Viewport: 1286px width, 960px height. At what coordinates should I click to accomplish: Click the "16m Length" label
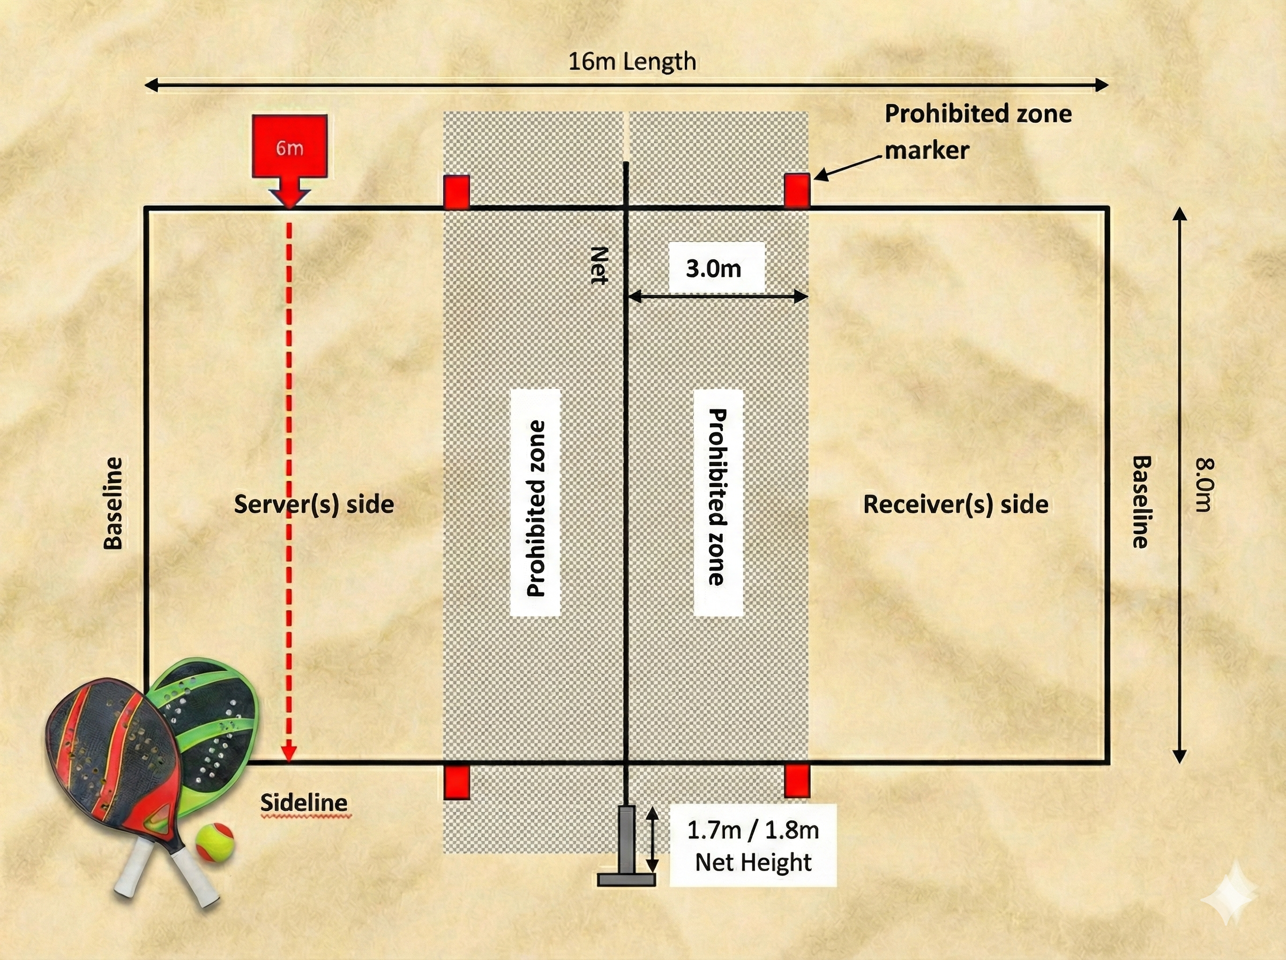click(632, 62)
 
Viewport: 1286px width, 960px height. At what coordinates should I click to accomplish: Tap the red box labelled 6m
click(289, 147)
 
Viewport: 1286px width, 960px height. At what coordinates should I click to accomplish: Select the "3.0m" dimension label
click(714, 268)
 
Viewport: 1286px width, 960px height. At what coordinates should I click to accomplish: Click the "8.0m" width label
click(1204, 485)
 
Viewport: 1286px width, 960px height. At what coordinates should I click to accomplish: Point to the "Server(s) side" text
click(314, 504)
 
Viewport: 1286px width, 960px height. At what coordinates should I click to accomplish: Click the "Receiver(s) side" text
click(955, 504)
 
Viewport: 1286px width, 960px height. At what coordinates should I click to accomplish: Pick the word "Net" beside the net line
click(599, 265)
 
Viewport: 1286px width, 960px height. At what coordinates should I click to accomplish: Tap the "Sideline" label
click(304, 802)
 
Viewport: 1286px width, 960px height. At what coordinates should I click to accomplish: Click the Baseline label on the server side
click(113, 502)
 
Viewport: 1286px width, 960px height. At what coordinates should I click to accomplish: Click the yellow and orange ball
click(214, 841)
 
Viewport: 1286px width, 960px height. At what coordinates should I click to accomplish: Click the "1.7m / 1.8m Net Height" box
click(753, 845)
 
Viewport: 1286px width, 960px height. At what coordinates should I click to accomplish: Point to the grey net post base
click(626, 879)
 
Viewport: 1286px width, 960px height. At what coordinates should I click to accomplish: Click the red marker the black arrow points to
click(797, 190)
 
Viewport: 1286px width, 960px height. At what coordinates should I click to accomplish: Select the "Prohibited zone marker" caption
click(978, 132)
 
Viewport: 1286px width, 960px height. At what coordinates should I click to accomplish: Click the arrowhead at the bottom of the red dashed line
click(289, 753)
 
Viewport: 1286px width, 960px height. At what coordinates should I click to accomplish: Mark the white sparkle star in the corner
click(1229, 899)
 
